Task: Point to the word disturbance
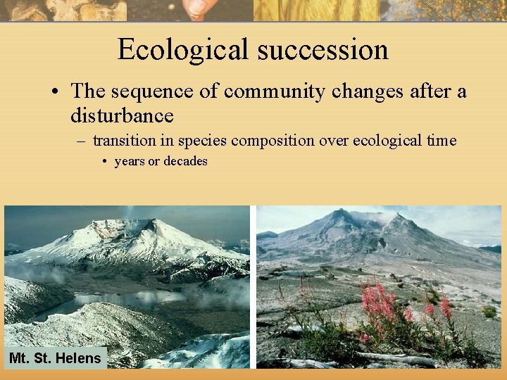tap(122, 114)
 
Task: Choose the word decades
tap(185, 161)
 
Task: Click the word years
tap(130, 161)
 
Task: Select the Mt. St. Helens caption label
tap(55, 358)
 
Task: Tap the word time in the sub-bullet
tap(441, 141)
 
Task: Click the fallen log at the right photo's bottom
tap(394, 359)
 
